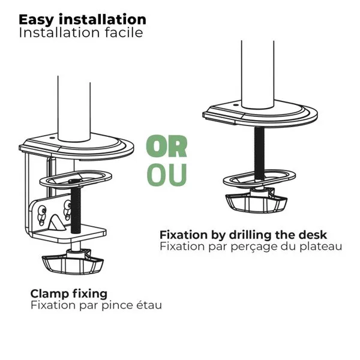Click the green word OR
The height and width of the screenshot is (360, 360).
167,146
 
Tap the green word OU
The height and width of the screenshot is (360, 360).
167,175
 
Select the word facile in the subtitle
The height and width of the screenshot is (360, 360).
124,32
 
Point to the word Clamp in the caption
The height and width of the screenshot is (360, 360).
50,294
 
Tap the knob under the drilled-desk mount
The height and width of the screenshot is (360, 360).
256,200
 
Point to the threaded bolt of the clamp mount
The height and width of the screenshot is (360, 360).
76,209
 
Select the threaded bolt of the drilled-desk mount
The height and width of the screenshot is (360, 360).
259,153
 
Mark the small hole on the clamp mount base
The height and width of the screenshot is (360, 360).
52,138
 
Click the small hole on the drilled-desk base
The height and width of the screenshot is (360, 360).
235,105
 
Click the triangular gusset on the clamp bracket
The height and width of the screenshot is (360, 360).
56,223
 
